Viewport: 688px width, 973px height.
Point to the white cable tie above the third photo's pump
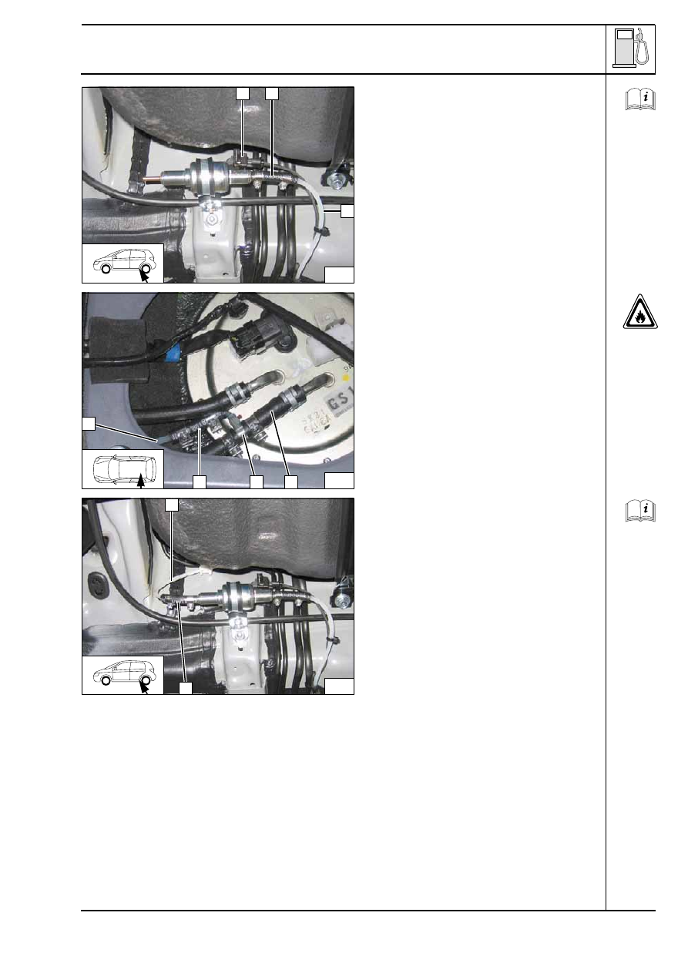[203, 571]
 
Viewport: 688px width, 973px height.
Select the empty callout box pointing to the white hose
[347, 210]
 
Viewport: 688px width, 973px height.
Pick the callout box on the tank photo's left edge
[89, 423]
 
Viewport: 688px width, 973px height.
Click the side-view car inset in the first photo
[122, 263]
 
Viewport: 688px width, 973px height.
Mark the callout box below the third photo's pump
[185, 687]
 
